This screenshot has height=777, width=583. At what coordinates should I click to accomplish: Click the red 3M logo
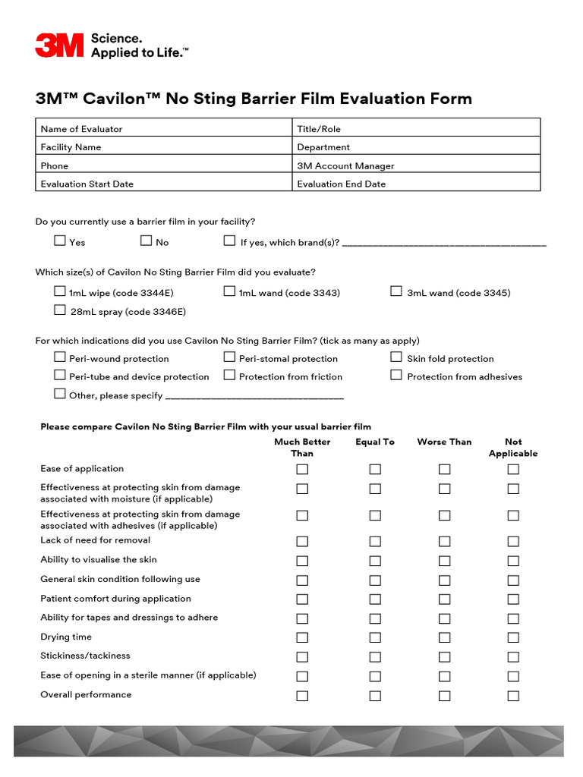coord(59,45)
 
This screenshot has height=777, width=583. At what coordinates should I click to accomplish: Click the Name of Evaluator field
coord(164,128)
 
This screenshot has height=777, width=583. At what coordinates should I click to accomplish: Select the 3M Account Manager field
coord(417,165)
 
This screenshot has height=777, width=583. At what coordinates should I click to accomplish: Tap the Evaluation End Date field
coord(417,183)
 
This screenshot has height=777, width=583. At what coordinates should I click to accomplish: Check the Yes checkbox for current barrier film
coord(60,241)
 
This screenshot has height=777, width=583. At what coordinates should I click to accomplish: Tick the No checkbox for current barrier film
coord(147,241)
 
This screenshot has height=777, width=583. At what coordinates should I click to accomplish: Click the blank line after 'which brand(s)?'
coord(444,243)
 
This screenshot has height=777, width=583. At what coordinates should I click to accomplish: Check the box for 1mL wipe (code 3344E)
coord(60,291)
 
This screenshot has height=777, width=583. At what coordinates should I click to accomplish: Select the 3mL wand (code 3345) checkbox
coord(396,291)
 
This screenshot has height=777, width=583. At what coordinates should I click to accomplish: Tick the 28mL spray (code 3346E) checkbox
coord(60,310)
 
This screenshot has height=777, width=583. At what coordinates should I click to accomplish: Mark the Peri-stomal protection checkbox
coord(229,357)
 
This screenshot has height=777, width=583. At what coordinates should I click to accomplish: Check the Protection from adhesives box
coord(396,375)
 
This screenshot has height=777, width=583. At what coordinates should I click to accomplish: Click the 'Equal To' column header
coord(375,442)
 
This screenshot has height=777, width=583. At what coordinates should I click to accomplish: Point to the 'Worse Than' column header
coord(444,442)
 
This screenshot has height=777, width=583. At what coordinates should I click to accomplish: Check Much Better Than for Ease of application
coord(302,470)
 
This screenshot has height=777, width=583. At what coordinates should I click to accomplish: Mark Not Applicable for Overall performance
coord(513,696)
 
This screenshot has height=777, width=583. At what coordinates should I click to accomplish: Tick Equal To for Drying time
coord(375,637)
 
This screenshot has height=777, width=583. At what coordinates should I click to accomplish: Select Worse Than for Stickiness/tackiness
coord(444,657)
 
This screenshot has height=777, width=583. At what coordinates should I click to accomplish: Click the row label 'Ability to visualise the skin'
coord(99,560)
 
